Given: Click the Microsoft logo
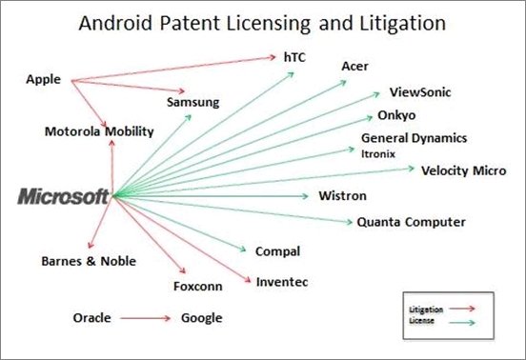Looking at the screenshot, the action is (x=63, y=196).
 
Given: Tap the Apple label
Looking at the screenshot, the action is (x=43, y=80).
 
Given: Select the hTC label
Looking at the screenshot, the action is (x=294, y=57).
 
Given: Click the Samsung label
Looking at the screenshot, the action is (x=192, y=102).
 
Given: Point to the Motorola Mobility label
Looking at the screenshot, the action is (x=99, y=131).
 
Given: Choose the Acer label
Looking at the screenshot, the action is (x=354, y=67).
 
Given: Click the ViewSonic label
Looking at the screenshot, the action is (x=420, y=92).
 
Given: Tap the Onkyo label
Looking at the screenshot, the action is (x=396, y=115).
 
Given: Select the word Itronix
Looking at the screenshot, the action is (x=378, y=154).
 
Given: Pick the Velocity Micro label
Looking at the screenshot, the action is (x=464, y=170).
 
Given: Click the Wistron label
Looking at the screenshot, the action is (x=342, y=196).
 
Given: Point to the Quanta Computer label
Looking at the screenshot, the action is (x=411, y=222).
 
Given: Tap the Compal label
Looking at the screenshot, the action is (x=277, y=251).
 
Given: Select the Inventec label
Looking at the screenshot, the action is (x=282, y=282).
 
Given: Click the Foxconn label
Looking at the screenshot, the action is (x=197, y=287).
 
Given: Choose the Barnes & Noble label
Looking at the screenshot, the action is (x=89, y=261).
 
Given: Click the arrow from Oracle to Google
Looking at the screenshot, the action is (x=146, y=318).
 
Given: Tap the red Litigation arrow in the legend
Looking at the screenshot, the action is (x=462, y=309).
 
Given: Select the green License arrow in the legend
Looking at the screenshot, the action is (x=462, y=323).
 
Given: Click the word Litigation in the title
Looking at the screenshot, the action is (x=402, y=24).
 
